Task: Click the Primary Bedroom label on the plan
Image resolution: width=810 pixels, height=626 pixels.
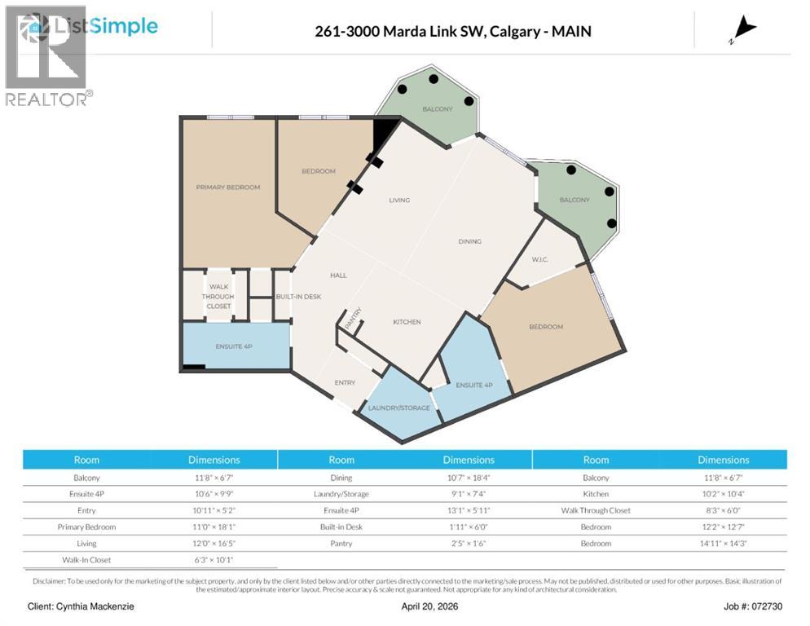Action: [x=228, y=187]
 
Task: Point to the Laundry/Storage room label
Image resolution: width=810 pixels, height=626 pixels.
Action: [x=398, y=408]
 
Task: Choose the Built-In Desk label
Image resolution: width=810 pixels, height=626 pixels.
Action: [x=298, y=297]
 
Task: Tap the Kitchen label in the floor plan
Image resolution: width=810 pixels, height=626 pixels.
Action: [x=407, y=322]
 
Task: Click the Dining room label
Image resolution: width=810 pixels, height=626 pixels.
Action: [x=469, y=241]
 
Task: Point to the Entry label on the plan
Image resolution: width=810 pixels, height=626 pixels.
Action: [x=345, y=383]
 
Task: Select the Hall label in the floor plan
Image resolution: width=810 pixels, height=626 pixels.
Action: [x=338, y=276]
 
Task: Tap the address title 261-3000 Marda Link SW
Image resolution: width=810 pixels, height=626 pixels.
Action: [x=453, y=32]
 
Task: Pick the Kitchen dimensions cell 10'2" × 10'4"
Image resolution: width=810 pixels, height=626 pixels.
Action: [x=723, y=494]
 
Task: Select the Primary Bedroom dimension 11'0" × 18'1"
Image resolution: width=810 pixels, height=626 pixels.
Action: [x=214, y=527]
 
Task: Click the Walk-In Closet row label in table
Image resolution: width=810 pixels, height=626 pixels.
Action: [x=86, y=560]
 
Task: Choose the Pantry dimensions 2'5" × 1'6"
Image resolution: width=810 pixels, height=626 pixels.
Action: [x=469, y=543]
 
